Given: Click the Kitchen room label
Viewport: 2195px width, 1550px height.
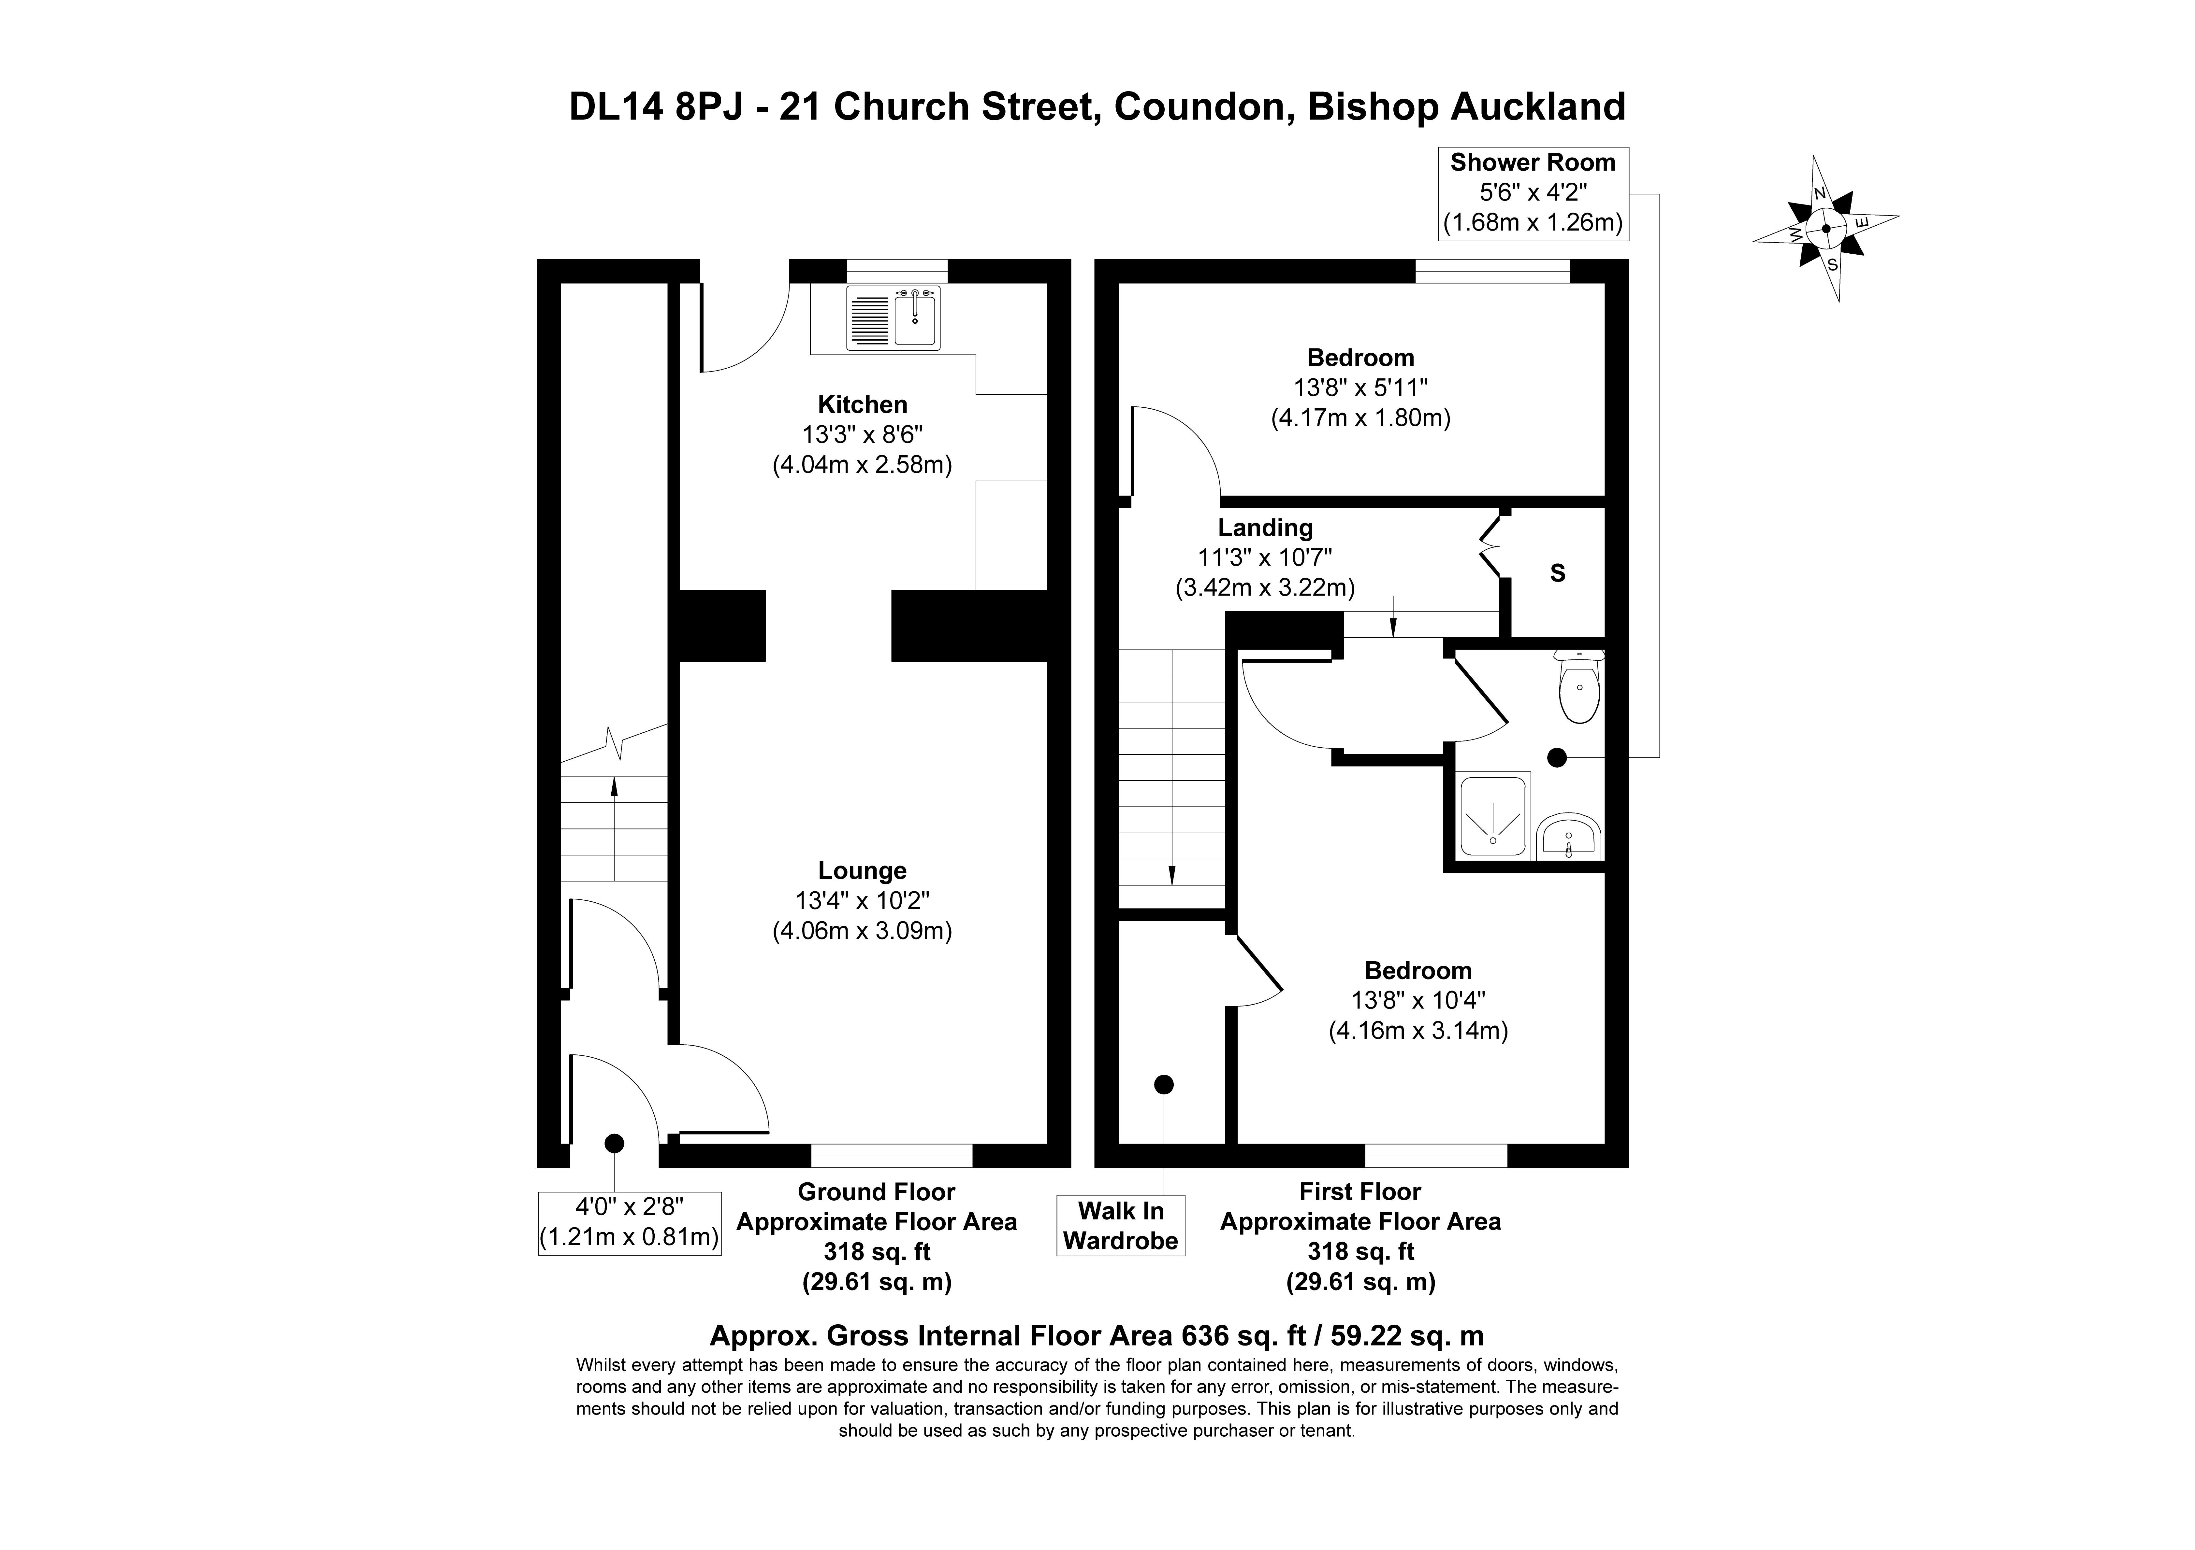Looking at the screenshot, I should (x=862, y=404).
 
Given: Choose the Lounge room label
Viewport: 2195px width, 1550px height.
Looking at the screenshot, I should (x=862, y=870).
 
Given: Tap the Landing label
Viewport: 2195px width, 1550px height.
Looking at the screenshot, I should (x=1265, y=528).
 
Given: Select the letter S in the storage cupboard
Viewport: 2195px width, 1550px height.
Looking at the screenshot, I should (x=1557, y=573).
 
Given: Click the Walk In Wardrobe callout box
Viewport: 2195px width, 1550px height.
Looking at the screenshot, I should (x=1120, y=1225).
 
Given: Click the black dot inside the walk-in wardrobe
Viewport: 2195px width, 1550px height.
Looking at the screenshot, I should (x=1163, y=1085).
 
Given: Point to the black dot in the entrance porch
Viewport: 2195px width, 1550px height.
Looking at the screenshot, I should (x=614, y=1143).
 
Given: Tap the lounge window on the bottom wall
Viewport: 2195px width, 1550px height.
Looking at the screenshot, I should (x=891, y=1155).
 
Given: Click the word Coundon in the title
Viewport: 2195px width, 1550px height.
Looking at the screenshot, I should (x=1199, y=107).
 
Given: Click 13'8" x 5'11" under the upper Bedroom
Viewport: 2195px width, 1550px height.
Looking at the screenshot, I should (x=1360, y=388).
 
